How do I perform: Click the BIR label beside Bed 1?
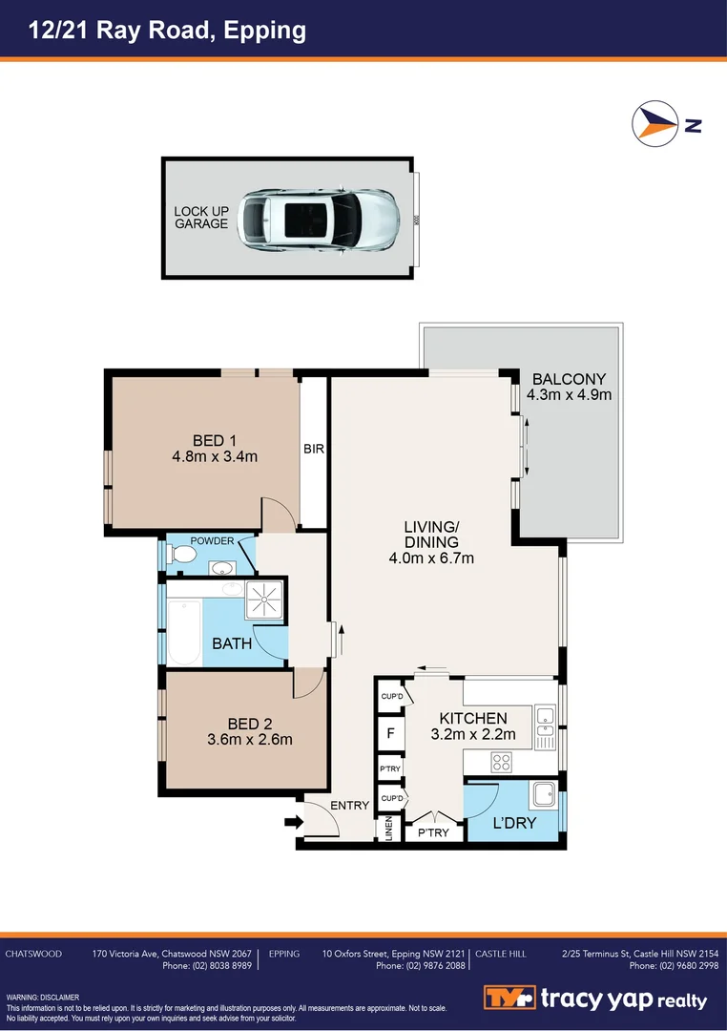(x=314, y=448)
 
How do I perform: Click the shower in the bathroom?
(x=264, y=600)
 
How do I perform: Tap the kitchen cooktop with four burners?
(x=501, y=762)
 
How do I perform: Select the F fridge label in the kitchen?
(x=389, y=734)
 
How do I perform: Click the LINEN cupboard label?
(x=388, y=830)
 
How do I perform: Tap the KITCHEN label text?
(x=472, y=719)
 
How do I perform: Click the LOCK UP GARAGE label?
(x=200, y=218)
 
